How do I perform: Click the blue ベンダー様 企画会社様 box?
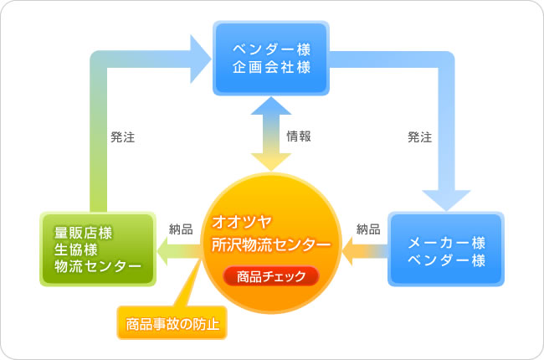271,58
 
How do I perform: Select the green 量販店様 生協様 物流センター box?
98,249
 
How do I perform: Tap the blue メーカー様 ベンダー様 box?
446,249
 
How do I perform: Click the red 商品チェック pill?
271,276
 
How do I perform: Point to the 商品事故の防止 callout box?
172,323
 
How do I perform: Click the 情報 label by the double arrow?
299,136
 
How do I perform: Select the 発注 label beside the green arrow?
122,137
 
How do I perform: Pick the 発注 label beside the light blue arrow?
420,137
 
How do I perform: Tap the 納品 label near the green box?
181,229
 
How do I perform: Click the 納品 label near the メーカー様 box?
368,229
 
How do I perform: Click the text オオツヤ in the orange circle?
242,222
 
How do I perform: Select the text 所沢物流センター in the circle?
271,244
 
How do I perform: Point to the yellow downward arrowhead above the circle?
271,161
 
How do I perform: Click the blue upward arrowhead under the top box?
271,106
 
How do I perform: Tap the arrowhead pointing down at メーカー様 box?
446,199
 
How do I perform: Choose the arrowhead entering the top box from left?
199,59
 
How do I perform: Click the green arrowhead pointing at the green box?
163,251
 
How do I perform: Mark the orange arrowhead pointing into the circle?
348,251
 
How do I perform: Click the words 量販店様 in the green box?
83,233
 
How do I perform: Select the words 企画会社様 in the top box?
271,67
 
